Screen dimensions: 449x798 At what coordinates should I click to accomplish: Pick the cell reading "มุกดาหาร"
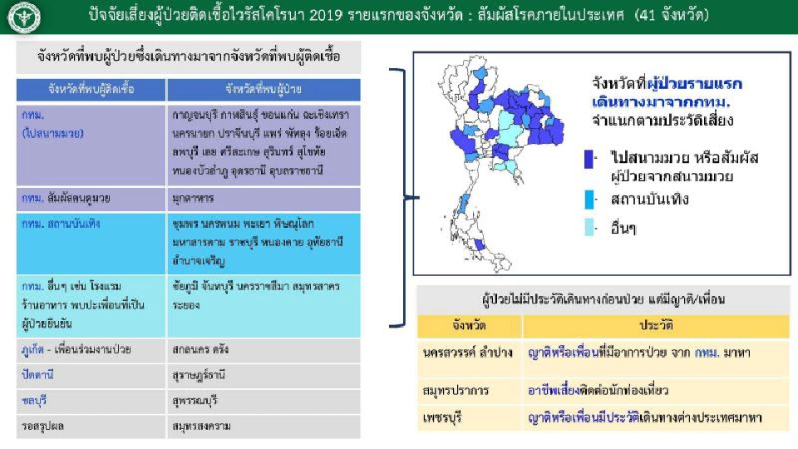(x=195, y=200)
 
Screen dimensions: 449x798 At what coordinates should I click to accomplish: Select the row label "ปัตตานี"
(x=39, y=375)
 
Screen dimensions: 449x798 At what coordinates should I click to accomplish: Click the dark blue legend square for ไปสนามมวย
(x=589, y=159)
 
